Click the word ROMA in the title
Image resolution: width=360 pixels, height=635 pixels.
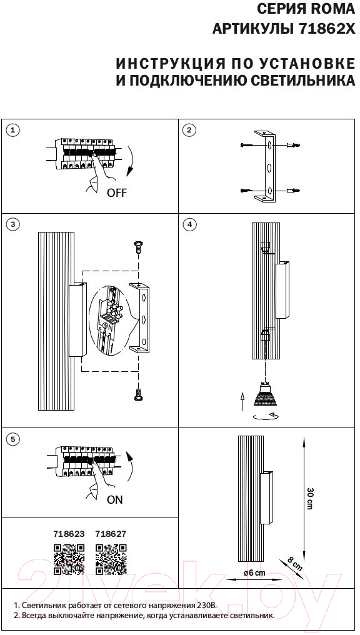tap(334, 8)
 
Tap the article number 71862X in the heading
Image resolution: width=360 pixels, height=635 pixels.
tap(326, 29)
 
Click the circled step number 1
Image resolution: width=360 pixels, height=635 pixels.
tap(14, 130)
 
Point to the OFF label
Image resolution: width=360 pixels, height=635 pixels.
tap(117, 192)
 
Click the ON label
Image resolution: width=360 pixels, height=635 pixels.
tap(114, 500)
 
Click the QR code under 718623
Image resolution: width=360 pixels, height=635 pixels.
tap(69, 559)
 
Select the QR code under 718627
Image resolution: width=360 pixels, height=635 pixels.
tap(111, 559)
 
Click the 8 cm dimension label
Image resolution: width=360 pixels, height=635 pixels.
tap(295, 563)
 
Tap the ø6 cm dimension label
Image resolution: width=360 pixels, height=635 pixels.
tap(254, 572)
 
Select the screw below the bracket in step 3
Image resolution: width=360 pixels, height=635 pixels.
tap(139, 394)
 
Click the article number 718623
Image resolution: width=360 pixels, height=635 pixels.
tap(69, 534)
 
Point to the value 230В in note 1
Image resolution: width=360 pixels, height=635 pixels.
tap(208, 606)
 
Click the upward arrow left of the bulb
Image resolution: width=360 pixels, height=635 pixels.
tap(242, 401)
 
